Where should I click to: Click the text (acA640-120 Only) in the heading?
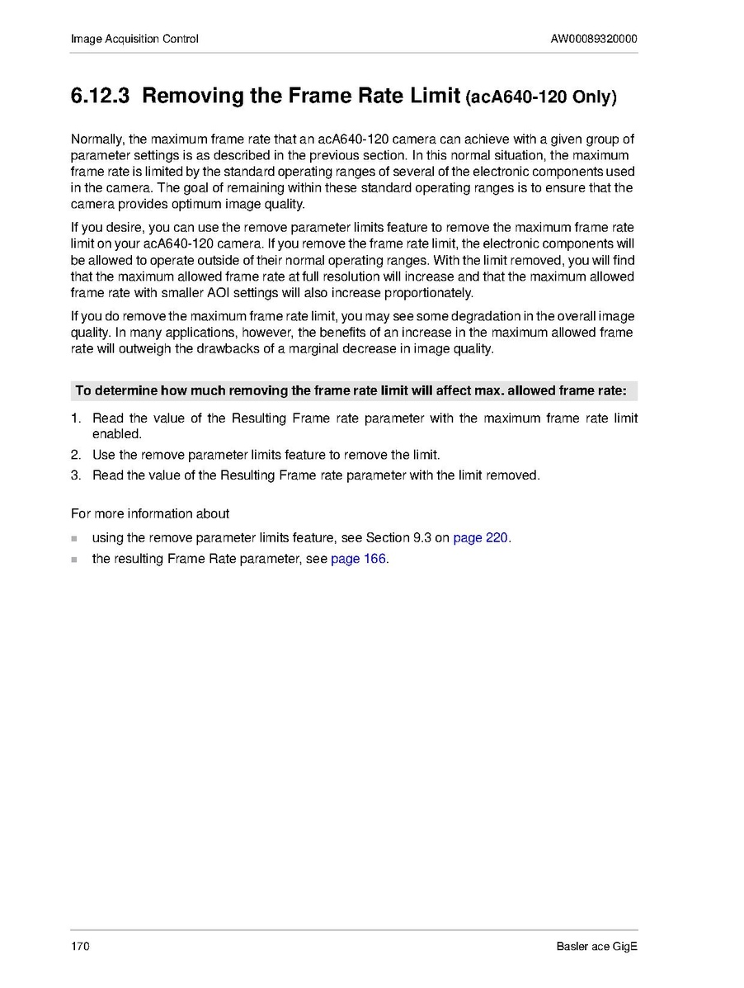tap(541, 97)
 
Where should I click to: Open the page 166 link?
tap(358, 559)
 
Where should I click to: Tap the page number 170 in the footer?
tap(80, 946)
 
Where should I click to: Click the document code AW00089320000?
tap(594, 39)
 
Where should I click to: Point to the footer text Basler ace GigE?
tap(596, 946)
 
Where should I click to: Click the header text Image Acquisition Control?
tap(134, 39)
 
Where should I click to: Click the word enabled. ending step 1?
tap(117, 433)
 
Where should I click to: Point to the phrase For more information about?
tap(150, 513)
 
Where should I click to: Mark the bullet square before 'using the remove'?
tap(74, 538)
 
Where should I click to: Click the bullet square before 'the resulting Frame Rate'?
tap(74, 560)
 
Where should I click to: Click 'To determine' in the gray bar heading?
tap(115, 390)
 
